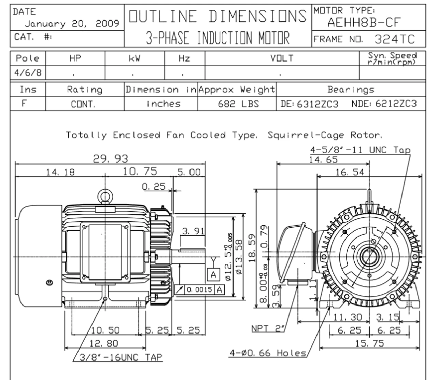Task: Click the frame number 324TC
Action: [x=394, y=39]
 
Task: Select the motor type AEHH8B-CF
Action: [x=364, y=23]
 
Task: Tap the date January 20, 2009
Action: [x=72, y=24]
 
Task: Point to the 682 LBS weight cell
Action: [x=238, y=104]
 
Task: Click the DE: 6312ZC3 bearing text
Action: [x=309, y=104]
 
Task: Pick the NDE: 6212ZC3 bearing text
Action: [x=384, y=104]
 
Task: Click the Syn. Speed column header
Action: [x=392, y=58]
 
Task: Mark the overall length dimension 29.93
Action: [x=111, y=159]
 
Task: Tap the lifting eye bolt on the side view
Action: [x=104, y=196]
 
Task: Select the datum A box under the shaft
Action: [x=213, y=274]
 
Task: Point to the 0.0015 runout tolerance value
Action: [x=199, y=290]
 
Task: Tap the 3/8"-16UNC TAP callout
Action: [x=121, y=357]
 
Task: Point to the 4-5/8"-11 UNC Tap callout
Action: [x=360, y=150]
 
